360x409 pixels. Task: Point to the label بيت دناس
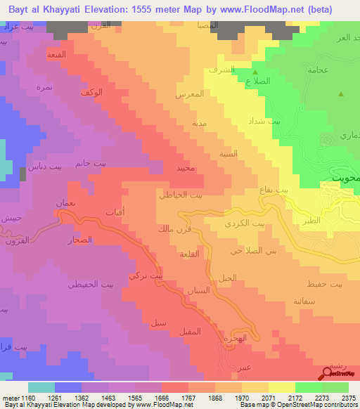pyautogui.click(x=39, y=167)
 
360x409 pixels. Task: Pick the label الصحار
pyautogui.click(x=82, y=240)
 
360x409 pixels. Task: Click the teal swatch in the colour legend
pyautogui.click(x=41, y=387)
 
